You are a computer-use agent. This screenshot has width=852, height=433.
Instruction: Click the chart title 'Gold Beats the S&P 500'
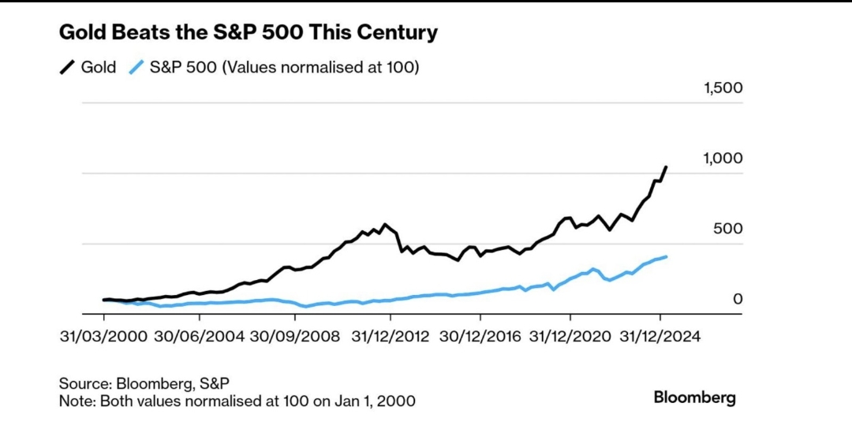pos(248,33)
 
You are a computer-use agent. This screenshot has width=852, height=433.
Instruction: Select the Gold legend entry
pos(88,67)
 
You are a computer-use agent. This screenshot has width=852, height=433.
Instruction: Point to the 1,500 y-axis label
pos(723,88)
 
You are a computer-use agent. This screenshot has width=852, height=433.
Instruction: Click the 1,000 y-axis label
pos(723,159)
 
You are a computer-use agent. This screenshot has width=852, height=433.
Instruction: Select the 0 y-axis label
pos(738,299)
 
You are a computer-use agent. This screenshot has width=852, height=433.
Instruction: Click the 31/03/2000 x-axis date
pos(103,336)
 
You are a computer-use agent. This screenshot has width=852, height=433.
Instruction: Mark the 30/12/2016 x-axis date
pos(480,336)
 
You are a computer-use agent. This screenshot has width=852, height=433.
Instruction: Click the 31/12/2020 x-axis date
pos(570,336)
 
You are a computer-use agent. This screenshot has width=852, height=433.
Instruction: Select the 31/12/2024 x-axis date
pos(660,336)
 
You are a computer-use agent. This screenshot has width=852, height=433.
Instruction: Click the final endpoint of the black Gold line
pos(667,167)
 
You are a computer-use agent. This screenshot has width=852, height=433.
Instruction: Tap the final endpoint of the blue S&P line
pos(667,256)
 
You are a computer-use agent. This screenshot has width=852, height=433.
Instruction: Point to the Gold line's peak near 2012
pos(385,225)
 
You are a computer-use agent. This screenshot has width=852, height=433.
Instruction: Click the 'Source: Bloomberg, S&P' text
pos(144,383)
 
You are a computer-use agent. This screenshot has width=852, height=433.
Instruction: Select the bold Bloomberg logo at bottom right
pos(694,398)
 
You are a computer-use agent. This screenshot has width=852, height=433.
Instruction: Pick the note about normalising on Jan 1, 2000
pos(237,401)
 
